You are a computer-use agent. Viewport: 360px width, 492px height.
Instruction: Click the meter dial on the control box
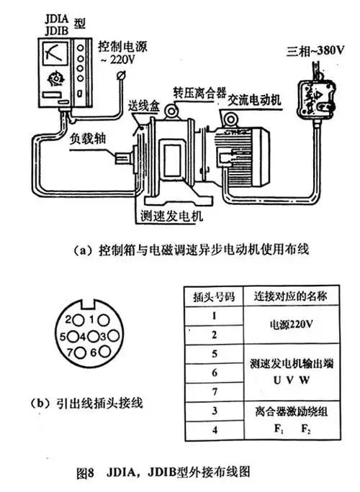[x=53, y=53]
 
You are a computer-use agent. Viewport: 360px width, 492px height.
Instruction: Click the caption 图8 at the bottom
[x=87, y=475]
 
